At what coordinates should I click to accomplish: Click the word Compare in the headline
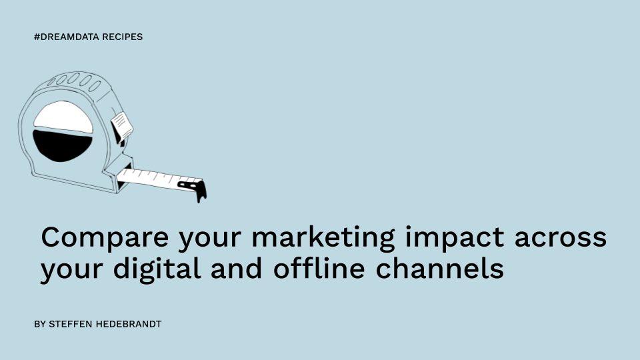(x=105, y=237)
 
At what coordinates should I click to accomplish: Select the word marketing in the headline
(x=323, y=237)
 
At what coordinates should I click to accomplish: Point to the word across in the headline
(x=561, y=238)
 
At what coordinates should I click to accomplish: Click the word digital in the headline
(x=157, y=269)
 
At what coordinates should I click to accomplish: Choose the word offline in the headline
(x=319, y=268)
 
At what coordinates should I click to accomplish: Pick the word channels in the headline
(x=439, y=268)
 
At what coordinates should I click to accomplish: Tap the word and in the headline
(x=236, y=268)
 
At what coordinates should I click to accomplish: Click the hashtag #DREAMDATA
(x=67, y=37)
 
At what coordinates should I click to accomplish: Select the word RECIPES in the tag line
(x=122, y=37)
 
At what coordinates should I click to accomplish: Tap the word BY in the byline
(x=39, y=324)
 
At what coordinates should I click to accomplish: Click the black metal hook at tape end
(x=195, y=189)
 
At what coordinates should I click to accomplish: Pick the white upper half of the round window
(x=63, y=117)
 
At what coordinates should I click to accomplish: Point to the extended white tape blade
(x=159, y=179)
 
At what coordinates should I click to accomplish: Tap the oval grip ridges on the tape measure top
(x=74, y=81)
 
